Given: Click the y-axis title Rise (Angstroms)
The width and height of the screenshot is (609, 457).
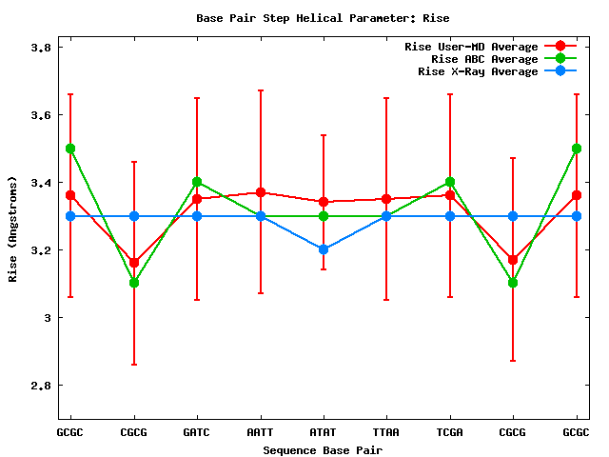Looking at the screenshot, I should (x=13, y=228).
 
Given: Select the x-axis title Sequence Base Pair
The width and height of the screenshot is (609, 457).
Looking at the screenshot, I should (x=323, y=448).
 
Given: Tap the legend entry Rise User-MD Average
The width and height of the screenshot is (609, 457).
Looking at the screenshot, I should (x=471, y=46).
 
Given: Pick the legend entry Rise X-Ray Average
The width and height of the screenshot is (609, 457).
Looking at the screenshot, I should (x=478, y=70).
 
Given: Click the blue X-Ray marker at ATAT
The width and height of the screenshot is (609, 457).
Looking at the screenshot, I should (x=324, y=249).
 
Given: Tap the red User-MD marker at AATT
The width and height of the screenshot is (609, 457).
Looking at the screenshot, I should (x=260, y=192).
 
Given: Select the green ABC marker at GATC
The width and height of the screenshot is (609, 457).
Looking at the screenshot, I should (x=197, y=182).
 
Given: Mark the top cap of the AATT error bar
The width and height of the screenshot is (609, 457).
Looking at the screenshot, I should (x=260, y=90).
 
